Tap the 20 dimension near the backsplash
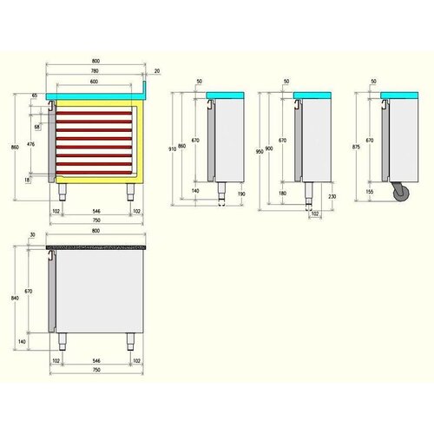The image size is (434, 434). (156, 70)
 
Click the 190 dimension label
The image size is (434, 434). (240, 194)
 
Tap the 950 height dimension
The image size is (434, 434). (260, 152)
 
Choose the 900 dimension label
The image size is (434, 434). (269, 148)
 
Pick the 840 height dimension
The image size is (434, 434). (15, 298)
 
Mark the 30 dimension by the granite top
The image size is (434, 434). (32, 235)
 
